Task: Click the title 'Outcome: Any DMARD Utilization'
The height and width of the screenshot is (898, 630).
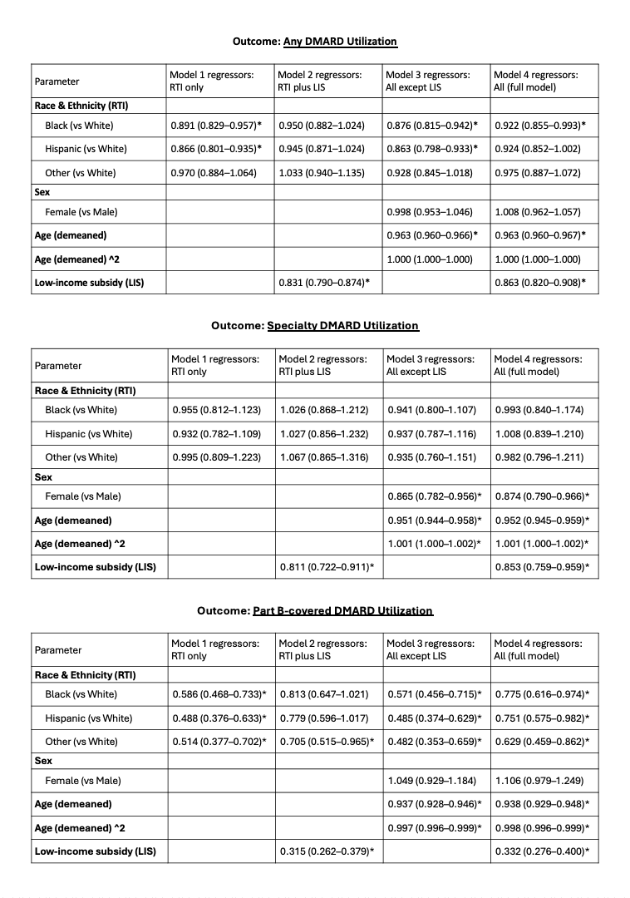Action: click(313, 41)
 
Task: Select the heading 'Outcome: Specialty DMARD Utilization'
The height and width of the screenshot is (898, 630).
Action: click(314, 325)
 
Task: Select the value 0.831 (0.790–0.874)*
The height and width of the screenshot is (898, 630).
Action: click(323, 283)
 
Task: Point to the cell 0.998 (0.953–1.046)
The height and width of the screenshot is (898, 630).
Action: click(431, 212)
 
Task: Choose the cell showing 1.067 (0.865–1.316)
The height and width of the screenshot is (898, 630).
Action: click(323, 457)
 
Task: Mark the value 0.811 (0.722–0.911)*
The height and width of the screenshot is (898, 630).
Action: click(323, 567)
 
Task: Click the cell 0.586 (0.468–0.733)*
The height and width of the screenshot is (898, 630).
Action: click(219, 694)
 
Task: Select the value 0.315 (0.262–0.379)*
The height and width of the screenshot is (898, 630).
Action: click(325, 851)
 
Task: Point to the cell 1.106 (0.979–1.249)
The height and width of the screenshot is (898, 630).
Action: click(539, 781)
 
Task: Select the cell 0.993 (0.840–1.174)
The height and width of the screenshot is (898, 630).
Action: click(538, 410)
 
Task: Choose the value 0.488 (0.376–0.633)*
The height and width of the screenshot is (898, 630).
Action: click(219, 718)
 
